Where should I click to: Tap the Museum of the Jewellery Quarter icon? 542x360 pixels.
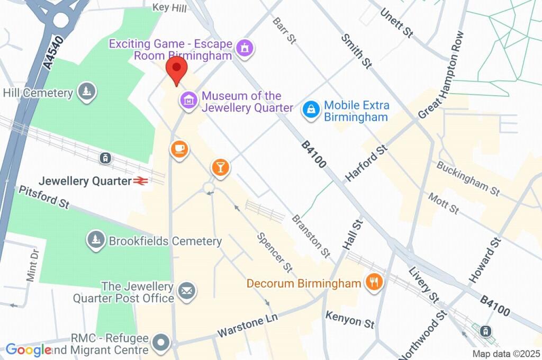coord(188,99)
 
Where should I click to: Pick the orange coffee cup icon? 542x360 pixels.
coord(179,149)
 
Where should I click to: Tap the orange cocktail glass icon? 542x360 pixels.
coord(220,167)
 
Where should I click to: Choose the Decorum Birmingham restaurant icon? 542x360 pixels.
coord(374,283)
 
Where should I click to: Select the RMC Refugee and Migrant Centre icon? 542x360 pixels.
coord(160,343)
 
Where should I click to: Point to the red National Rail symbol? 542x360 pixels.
coord(140,181)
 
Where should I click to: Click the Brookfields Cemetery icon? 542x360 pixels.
coord(96,240)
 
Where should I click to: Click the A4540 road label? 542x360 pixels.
coord(53,52)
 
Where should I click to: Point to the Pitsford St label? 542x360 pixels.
coord(44,196)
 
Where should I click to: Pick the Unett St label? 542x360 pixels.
coord(396,22)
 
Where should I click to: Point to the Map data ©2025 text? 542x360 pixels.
coord(505,354)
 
